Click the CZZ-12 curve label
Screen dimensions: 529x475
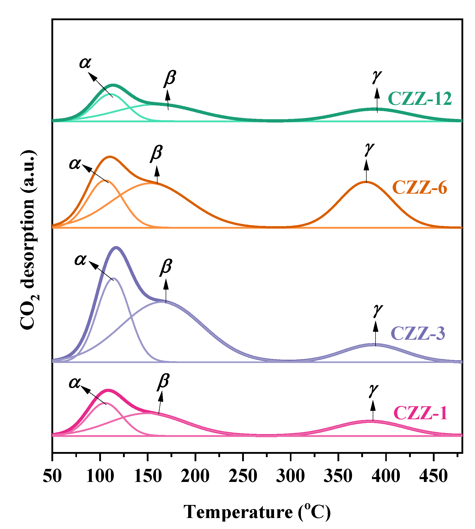[x=420, y=99]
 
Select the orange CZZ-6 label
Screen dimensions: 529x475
[x=420, y=188]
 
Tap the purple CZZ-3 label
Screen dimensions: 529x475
[x=418, y=333]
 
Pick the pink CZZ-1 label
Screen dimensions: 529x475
[x=421, y=413]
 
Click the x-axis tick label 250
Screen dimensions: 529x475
[x=243, y=476]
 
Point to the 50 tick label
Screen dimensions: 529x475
[x=52, y=476]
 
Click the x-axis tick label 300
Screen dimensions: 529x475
[x=290, y=476]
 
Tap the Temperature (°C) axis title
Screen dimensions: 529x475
[x=257, y=512]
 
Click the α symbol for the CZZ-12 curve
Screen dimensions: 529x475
[x=85, y=63]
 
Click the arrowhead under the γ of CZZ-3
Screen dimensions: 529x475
[x=375, y=326]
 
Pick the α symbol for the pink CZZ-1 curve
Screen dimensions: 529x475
[x=75, y=383]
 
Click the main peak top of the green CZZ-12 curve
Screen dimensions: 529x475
[x=113, y=85]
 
